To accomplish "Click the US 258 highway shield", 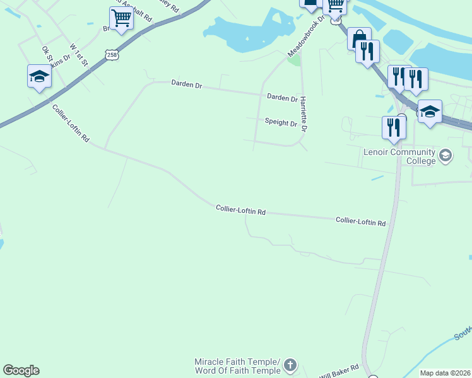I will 112,55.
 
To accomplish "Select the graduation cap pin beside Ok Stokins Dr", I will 39,77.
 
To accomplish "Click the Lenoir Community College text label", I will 399,156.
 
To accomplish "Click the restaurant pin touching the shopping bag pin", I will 368,51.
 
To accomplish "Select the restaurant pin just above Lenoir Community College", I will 393,127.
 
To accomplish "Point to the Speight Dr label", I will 281,123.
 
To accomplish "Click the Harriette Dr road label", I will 304,114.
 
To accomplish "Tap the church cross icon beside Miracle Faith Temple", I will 290,365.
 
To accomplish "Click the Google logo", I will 21,370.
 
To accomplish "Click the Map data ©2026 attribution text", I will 445,373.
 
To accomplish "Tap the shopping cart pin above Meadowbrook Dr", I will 334,5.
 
